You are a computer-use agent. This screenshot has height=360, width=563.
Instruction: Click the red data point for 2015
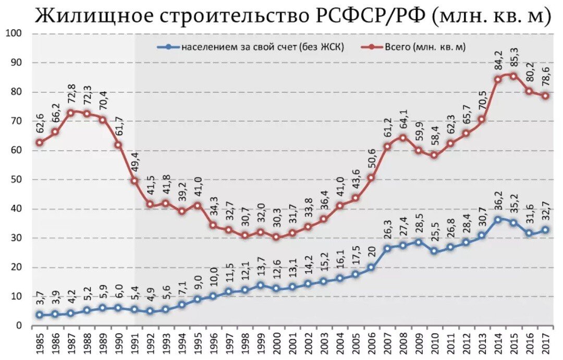(513, 76)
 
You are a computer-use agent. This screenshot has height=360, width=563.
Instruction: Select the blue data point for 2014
(498, 220)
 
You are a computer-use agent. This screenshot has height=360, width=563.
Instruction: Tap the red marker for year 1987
(70, 112)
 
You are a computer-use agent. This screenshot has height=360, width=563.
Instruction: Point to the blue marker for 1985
(39, 315)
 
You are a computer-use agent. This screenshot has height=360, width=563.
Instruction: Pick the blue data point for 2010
(434, 251)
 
